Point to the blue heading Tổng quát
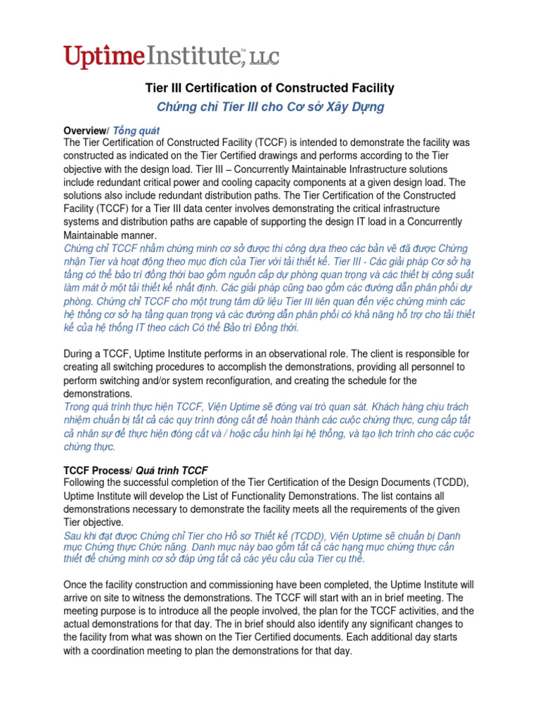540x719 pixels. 137,131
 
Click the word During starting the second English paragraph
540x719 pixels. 80,354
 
